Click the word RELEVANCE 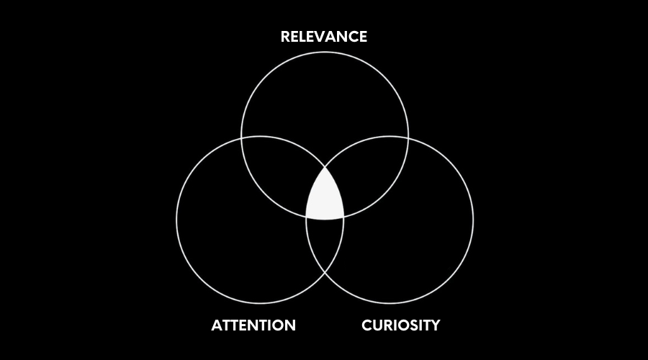[x=324, y=37]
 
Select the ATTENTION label [x=253, y=325]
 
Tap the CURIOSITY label [x=400, y=325]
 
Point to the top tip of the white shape [x=325, y=167]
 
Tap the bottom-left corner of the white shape [x=307, y=217]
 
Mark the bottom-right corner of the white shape [x=343, y=217]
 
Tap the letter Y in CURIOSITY [x=434, y=325]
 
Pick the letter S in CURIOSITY [x=409, y=325]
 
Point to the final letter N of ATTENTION [x=290, y=325]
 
